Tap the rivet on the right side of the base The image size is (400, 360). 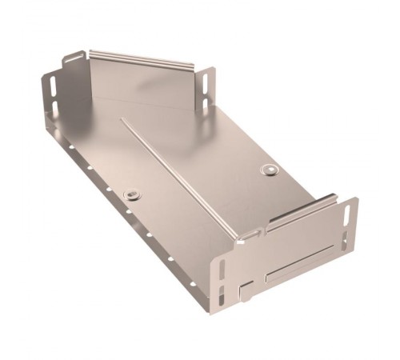[270, 170]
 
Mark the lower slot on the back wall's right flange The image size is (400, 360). [206, 101]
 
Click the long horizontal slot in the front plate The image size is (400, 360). [301, 263]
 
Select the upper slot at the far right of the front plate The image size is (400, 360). [348, 215]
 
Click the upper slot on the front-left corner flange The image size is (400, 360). [222, 268]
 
